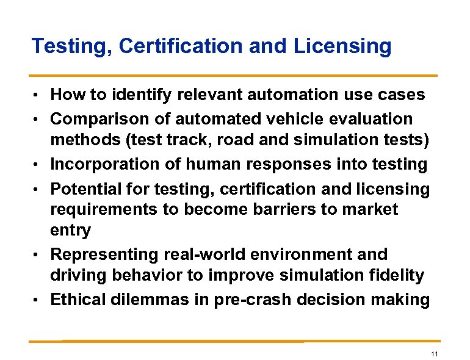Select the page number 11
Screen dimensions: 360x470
(x=435, y=355)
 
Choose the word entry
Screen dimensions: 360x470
(x=70, y=231)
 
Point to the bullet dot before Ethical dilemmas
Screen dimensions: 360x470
(x=38, y=300)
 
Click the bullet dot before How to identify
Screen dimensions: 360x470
(x=38, y=95)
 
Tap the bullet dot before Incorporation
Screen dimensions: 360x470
(x=38, y=165)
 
